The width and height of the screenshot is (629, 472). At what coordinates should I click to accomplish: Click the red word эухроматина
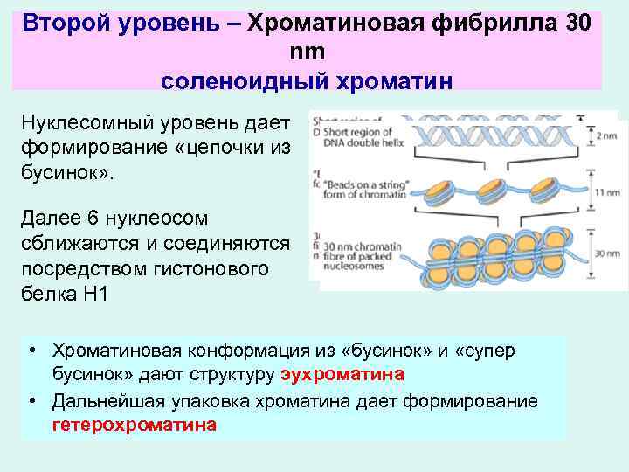(343, 375)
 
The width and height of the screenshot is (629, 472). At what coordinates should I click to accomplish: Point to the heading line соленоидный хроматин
(307, 80)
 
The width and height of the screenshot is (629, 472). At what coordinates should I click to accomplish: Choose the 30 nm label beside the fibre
(600, 253)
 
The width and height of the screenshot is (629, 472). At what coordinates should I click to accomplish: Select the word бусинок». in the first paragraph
(67, 170)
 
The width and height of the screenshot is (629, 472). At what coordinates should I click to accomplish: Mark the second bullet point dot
(31, 401)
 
